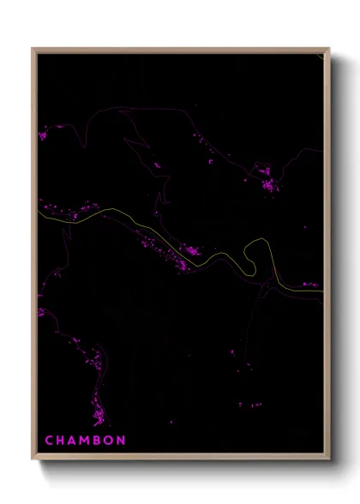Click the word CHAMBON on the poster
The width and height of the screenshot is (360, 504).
[86, 441]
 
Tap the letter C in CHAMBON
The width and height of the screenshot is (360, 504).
[49, 441]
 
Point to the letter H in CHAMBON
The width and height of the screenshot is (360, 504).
[61, 441]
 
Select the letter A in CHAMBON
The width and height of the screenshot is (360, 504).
[73, 441]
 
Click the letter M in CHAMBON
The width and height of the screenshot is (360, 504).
[86, 441]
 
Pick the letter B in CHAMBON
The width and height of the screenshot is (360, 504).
[98, 441]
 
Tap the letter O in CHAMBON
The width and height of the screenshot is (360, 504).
[110, 441]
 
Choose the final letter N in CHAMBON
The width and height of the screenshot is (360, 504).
[123, 441]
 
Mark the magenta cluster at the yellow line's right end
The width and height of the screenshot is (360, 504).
[309, 285]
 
